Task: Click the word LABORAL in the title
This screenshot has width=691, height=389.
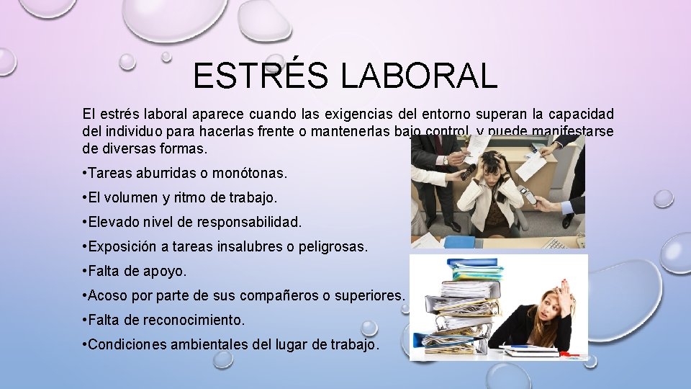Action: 419,76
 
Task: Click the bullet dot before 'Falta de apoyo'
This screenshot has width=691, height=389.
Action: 86,271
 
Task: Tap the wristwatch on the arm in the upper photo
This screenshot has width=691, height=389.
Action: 446,161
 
